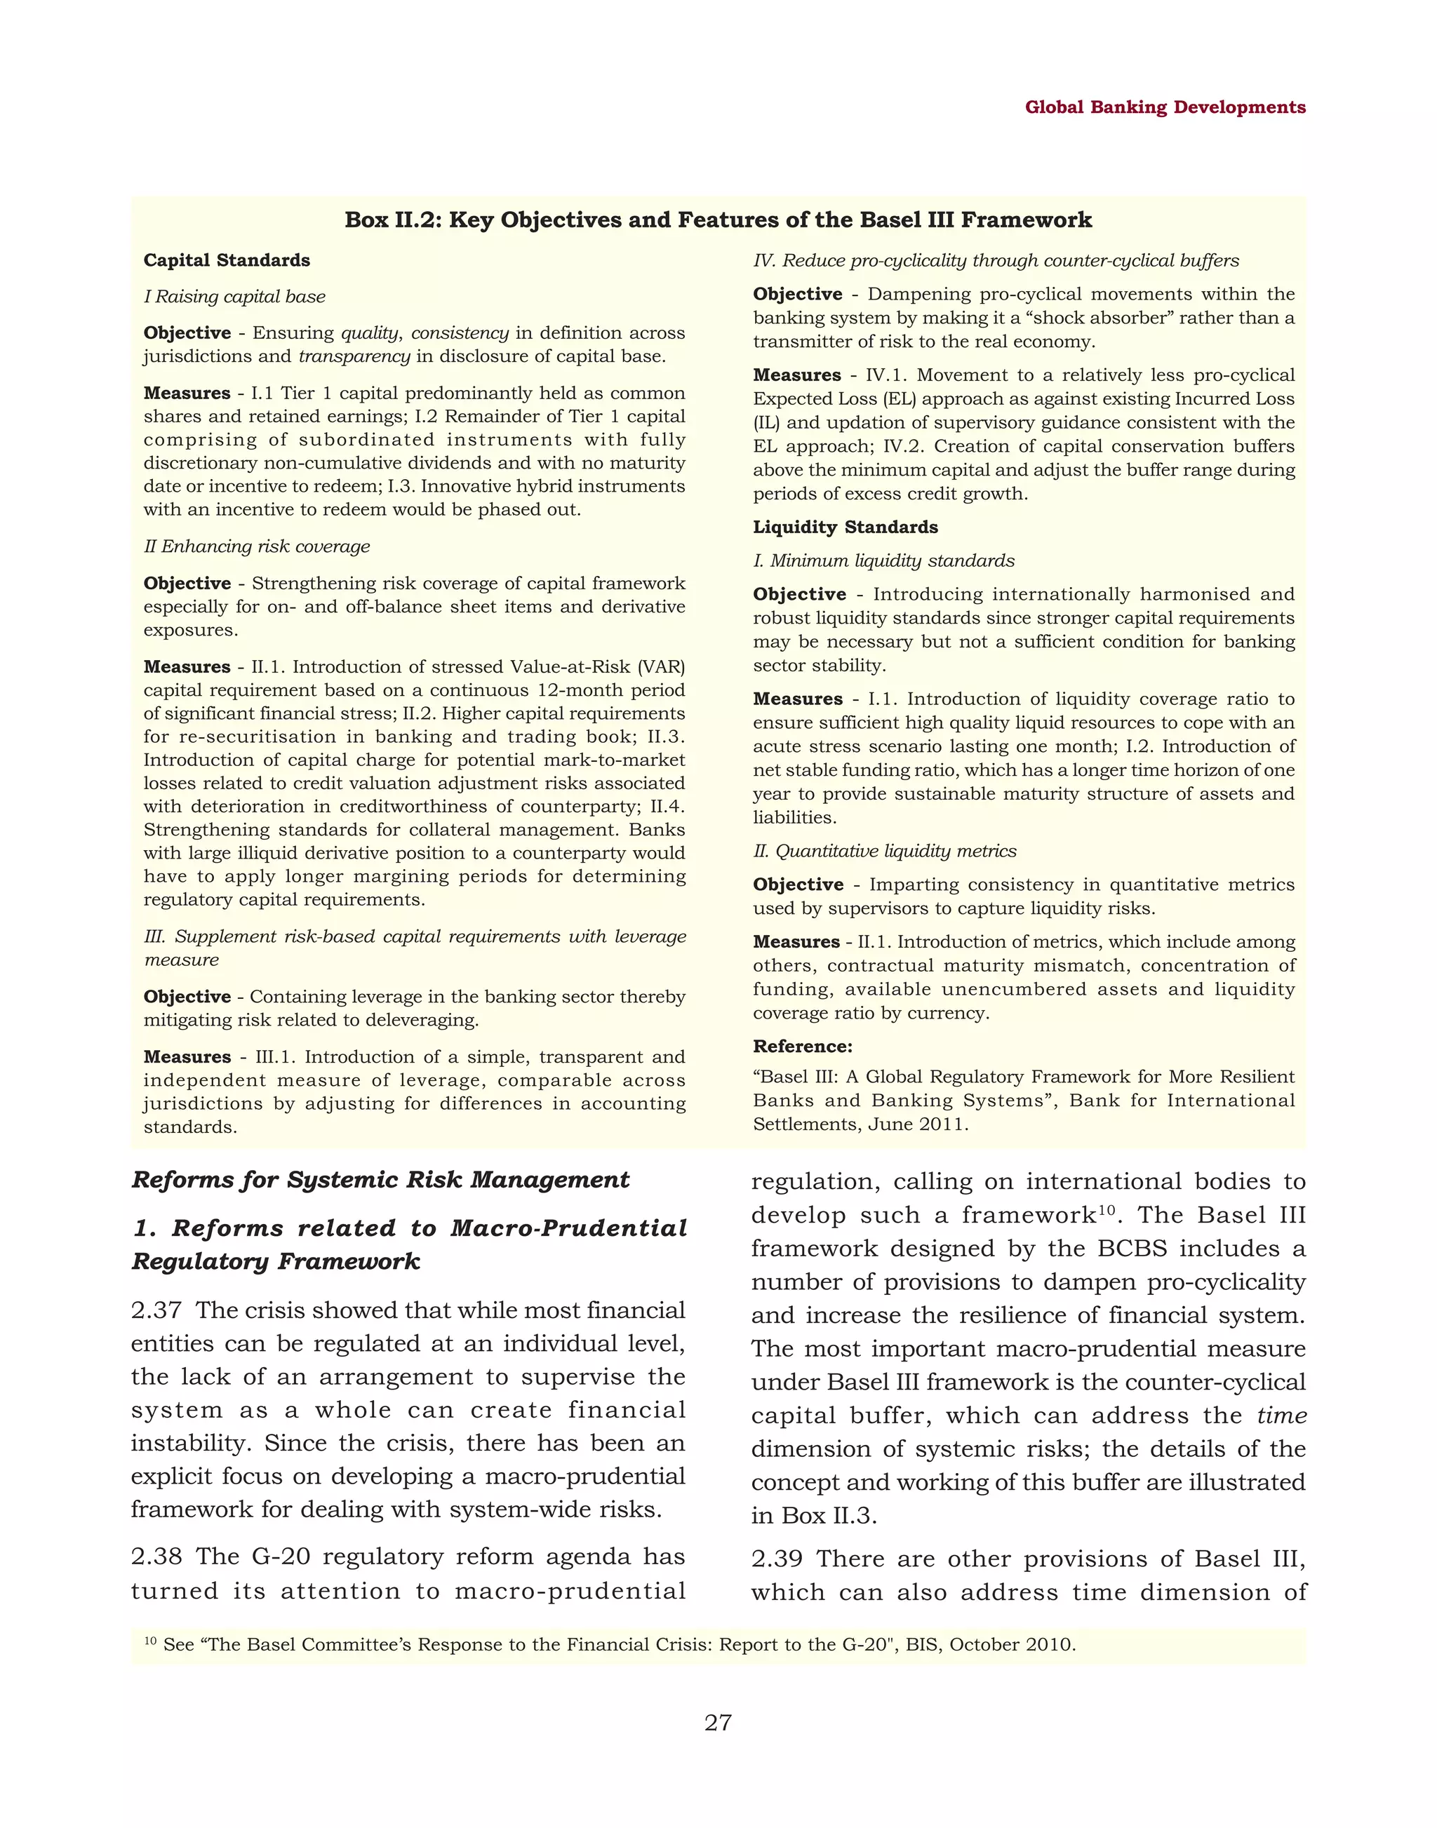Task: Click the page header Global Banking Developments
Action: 1165,108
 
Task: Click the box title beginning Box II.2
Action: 718,220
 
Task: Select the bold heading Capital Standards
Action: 227,261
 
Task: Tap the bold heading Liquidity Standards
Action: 845,527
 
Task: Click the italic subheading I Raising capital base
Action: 235,297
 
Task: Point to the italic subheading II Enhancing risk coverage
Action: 257,547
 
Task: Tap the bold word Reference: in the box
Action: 802,1047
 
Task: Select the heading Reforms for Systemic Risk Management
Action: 380,1181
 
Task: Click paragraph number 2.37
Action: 156,1310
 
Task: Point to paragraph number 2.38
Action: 156,1557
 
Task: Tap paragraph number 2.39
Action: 777,1559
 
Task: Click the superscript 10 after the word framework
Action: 1108,1209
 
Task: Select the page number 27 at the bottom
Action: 718,1723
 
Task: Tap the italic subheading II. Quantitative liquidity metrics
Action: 884,852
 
